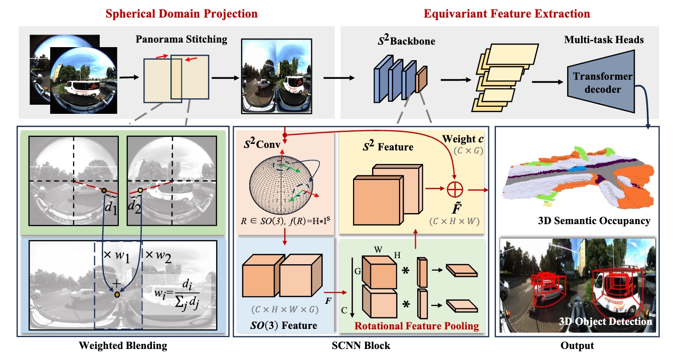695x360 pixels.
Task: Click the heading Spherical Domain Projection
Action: click(x=182, y=14)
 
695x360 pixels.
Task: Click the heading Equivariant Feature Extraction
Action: click(x=506, y=14)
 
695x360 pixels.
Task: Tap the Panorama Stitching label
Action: click(x=181, y=40)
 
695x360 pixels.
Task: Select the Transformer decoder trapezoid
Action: click(x=601, y=81)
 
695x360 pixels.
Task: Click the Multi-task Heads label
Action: click(x=604, y=40)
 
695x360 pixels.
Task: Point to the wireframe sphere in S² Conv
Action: click(x=281, y=185)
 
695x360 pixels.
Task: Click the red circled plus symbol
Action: click(x=455, y=189)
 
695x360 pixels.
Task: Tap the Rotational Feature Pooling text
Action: click(x=417, y=326)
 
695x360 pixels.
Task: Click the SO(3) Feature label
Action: click(x=284, y=325)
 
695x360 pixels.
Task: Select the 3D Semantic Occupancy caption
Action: click(x=594, y=221)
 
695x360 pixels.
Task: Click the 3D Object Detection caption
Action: click(x=605, y=321)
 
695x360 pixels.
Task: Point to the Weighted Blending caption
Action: click(x=123, y=346)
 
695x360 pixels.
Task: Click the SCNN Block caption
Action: click(x=361, y=346)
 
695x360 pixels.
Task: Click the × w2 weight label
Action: click(x=158, y=256)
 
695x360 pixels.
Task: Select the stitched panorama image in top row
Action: click(x=277, y=76)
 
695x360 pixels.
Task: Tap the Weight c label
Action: click(x=463, y=139)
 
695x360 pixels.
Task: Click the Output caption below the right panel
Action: click(x=577, y=346)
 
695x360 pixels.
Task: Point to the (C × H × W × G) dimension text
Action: click(x=285, y=309)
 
